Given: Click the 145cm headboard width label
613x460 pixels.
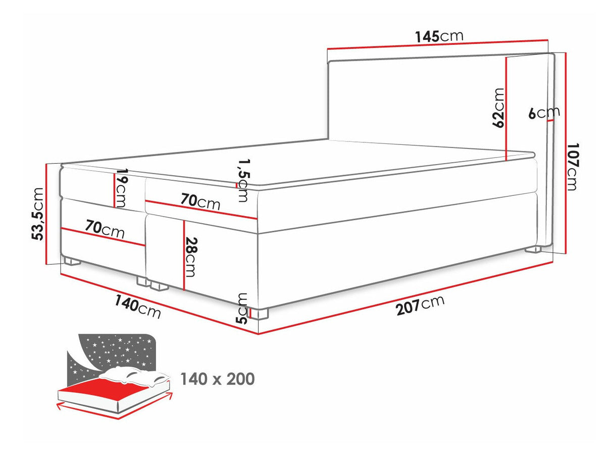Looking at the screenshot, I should [x=438, y=36].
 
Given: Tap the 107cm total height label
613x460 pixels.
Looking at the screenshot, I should [x=572, y=167].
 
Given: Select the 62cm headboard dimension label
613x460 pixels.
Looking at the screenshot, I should [x=499, y=108].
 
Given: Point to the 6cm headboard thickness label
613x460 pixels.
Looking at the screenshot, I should [x=543, y=113].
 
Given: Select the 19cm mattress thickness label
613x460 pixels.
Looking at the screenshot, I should [x=121, y=188].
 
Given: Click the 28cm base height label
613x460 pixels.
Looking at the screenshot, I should [x=189, y=257].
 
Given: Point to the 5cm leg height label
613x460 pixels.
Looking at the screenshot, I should [x=243, y=308].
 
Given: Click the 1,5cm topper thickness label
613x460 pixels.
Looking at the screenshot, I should [x=243, y=180].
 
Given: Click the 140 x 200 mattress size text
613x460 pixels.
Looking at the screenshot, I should [x=218, y=379].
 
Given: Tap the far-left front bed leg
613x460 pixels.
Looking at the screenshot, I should [x=71, y=262].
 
